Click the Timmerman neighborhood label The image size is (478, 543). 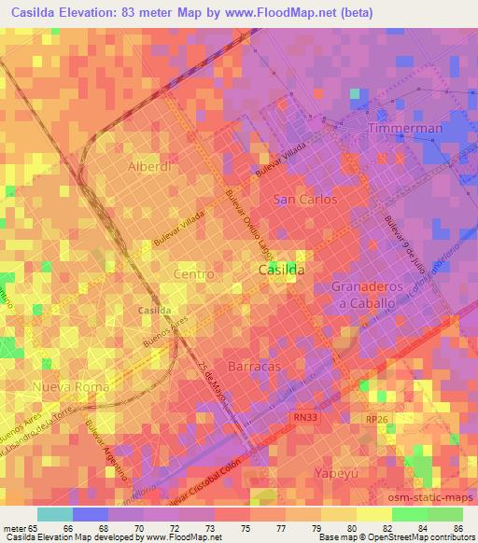click(x=404, y=127)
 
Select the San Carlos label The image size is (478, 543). click(x=304, y=200)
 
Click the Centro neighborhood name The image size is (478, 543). click(x=194, y=274)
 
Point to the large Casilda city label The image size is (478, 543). click(x=280, y=269)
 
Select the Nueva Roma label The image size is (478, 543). click(x=71, y=386)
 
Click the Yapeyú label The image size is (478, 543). click(x=338, y=471)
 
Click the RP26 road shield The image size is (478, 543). click(x=376, y=421)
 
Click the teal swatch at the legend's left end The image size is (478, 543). click(x=54, y=513)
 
